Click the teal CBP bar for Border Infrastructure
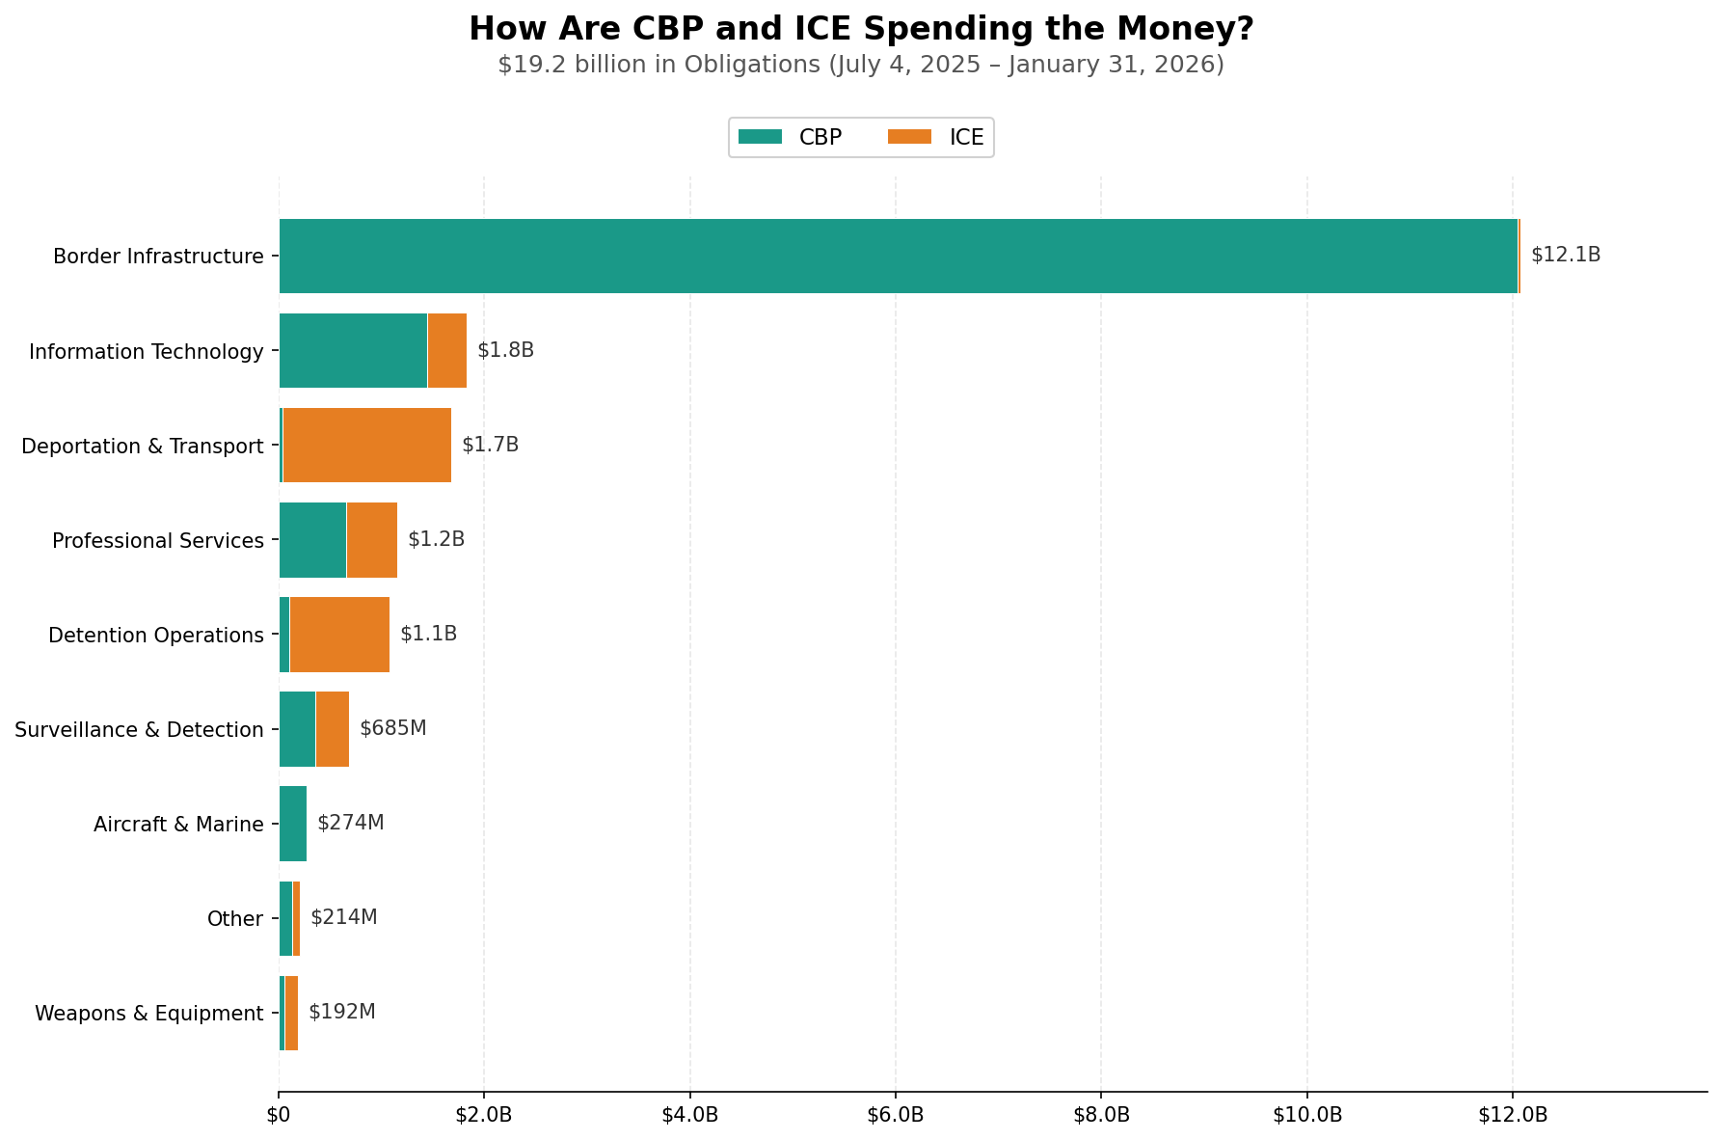(x=897, y=256)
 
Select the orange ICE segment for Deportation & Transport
(x=366, y=445)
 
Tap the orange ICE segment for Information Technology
(x=446, y=350)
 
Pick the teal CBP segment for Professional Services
(x=312, y=539)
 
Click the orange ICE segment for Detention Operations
(x=339, y=634)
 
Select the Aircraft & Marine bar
(x=292, y=823)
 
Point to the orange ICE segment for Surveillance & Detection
(x=332, y=728)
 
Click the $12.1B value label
(x=1566, y=256)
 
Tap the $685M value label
(x=392, y=728)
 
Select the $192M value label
(x=342, y=1012)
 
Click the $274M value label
(x=351, y=823)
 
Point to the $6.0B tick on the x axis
(x=896, y=1116)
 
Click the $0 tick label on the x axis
(x=279, y=1116)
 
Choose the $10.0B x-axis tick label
(x=1307, y=1116)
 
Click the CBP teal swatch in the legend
(x=760, y=137)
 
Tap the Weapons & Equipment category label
(x=148, y=1014)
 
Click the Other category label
(x=235, y=919)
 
